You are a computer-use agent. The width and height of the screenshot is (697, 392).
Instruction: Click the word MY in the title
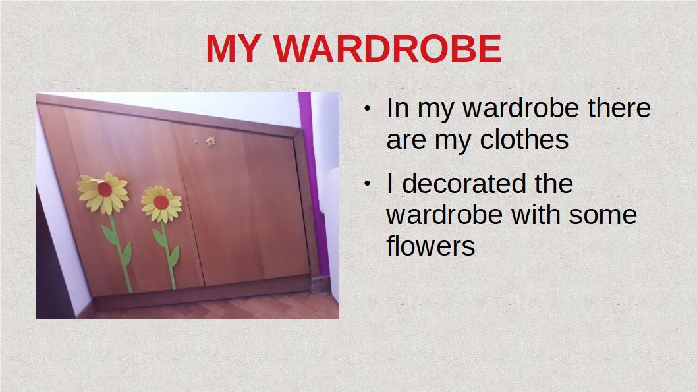pos(233,48)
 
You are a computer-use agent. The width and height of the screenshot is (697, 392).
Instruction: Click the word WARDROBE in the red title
pos(387,48)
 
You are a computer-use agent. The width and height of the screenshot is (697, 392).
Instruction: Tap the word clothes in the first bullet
pos(524,140)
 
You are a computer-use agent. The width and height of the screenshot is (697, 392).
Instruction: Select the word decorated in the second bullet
pos(465,184)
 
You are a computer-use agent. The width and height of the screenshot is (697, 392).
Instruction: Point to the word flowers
pos(431,245)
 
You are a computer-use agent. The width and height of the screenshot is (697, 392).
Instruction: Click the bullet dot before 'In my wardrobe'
pos(367,109)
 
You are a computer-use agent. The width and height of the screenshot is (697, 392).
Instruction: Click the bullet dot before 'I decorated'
pos(367,184)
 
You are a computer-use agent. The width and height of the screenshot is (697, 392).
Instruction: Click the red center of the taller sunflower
pos(105,189)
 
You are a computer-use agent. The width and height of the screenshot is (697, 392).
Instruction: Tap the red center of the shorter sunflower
pos(161,203)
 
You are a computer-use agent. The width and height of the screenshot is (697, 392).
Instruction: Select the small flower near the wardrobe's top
pos(211,142)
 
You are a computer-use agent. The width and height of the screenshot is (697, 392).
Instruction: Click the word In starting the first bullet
pos(397,108)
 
